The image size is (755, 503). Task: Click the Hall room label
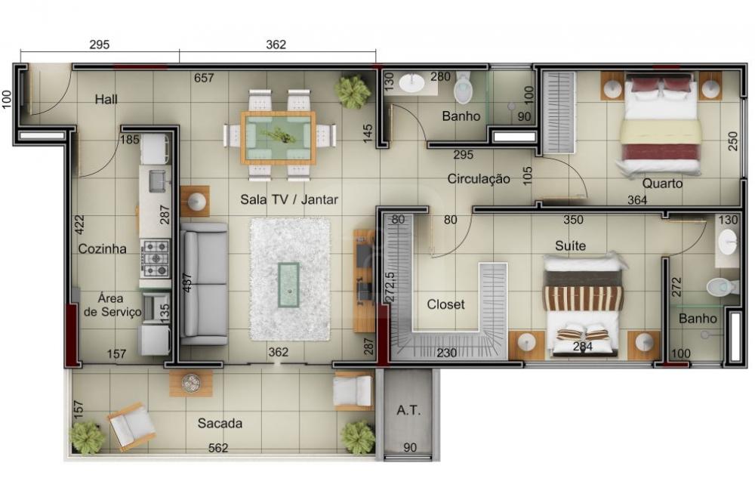(x=106, y=100)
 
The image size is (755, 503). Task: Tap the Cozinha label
(x=102, y=249)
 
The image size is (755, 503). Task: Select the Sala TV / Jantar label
(x=289, y=199)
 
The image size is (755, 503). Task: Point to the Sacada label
(x=220, y=424)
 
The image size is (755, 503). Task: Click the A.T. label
(x=408, y=411)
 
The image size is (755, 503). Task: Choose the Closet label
(x=446, y=304)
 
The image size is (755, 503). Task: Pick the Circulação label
(x=479, y=179)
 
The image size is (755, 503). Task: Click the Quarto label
(x=662, y=184)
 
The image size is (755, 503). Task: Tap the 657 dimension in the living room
(x=204, y=78)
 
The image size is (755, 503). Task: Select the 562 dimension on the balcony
(x=217, y=448)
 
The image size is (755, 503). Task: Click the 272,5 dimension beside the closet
(x=390, y=287)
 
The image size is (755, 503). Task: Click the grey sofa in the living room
(x=204, y=284)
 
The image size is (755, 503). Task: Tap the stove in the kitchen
(x=156, y=258)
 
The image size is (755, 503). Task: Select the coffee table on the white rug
(x=289, y=285)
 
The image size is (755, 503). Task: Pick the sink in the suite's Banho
(x=727, y=242)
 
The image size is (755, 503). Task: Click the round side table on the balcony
(x=191, y=384)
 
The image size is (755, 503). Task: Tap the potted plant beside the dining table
(x=353, y=90)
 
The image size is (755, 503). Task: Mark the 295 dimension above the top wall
(x=100, y=45)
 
